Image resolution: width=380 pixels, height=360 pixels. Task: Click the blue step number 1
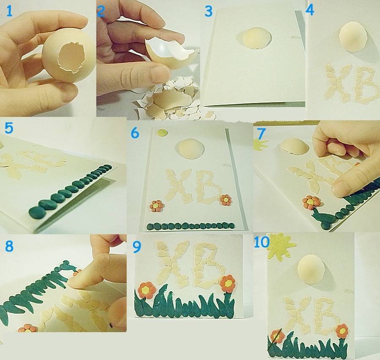tap(9, 11)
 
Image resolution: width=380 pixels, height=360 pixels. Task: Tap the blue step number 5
tap(9, 128)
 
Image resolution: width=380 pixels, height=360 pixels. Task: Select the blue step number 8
tap(9, 246)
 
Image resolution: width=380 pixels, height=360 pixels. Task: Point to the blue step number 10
tap(261, 242)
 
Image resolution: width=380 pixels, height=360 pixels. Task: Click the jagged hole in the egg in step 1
tap(71, 57)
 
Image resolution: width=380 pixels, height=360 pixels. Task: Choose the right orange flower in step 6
tap(226, 200)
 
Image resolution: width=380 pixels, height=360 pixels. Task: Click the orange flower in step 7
tap(311, 202)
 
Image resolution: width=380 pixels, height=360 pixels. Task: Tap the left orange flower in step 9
tap(147, 290)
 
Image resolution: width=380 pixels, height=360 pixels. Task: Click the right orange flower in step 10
tap(342, 331)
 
